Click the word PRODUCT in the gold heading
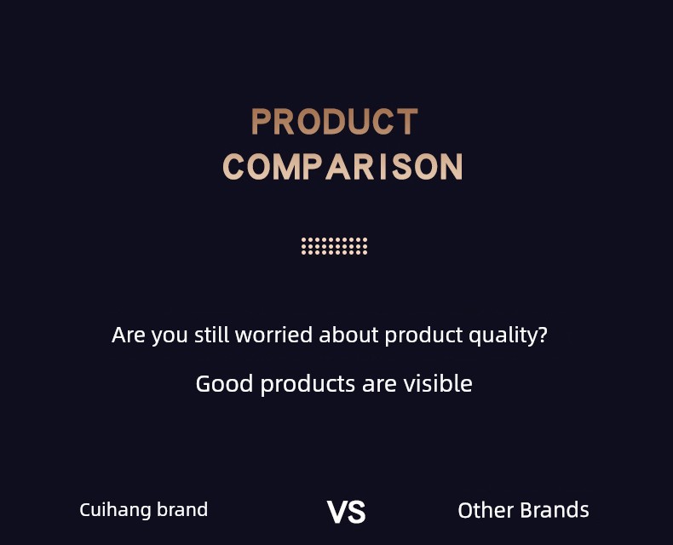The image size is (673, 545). [x=334, y=122]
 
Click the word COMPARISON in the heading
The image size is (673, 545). [x=342, y=167]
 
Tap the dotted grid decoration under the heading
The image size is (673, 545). [x=334, y=246]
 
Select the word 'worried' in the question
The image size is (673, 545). [x=273, y=335]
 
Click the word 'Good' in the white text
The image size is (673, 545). [x=224, y=384]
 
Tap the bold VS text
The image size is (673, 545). [x=346, y=512]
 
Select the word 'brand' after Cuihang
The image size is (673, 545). [x=182, y=509]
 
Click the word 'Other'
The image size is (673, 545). [x=486, y=510]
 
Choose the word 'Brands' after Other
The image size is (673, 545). [x=555, y=510]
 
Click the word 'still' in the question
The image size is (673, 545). [x=211, y=335]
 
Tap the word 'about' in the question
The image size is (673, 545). [x=348, y=335]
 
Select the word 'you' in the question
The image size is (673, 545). [x=170, y=337]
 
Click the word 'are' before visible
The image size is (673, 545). [x=379, y=385]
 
